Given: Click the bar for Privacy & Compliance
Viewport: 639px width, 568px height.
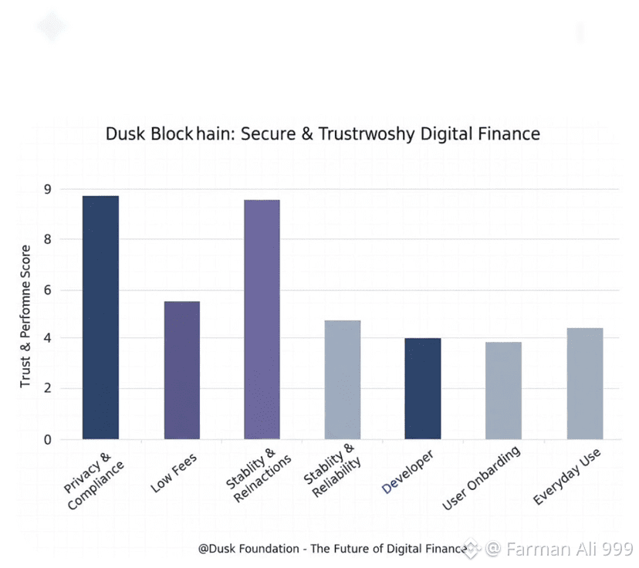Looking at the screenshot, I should coord(100,317).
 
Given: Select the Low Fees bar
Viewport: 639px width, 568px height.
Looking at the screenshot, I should coord(181,370).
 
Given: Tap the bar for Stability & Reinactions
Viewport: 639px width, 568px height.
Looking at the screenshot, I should coord(262,319).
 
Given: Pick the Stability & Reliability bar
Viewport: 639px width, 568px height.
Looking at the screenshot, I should coord(343,380).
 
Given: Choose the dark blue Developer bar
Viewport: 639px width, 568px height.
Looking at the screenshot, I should coord(423,388).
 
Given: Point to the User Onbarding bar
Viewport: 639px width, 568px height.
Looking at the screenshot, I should coord(503,390).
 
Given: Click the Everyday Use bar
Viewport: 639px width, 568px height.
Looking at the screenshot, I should coord(584,384).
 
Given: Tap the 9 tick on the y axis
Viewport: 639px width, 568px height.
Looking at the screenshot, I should coord(48,189).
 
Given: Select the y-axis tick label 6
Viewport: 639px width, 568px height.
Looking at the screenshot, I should coord(48,290).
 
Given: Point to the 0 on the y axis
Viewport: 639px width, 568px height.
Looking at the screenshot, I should coord(48,440).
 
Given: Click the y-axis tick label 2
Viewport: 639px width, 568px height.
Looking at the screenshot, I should coord(48,388).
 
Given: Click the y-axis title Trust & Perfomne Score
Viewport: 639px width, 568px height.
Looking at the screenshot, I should coord(25,316).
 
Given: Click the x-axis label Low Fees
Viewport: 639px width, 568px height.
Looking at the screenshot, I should coord(175,473).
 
